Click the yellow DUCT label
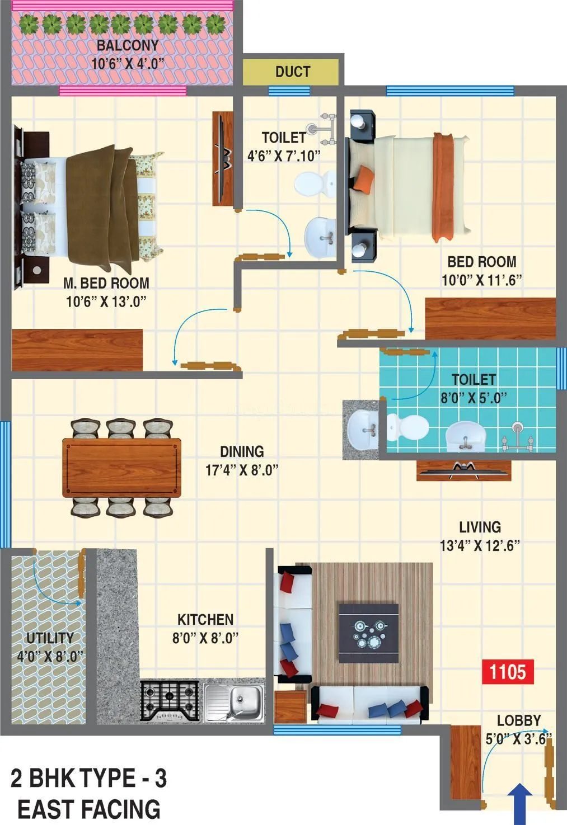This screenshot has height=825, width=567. [x=292, y=72]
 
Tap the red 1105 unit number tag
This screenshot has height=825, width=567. [x=508, y=671]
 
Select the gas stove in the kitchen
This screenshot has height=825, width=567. [x=170, y=700]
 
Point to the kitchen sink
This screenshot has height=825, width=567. [x=235, y=700]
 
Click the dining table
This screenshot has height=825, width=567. [x=121, y=468]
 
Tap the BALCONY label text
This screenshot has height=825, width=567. [x=128, y=45]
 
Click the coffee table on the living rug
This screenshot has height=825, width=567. [x=368, y=633]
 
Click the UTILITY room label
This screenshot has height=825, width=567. [x=50, y=638]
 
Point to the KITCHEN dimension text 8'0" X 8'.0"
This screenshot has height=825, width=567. [x=205, y=638]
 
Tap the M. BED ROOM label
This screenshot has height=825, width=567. [x=106, y=283]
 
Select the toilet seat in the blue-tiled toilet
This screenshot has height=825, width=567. [x=409, y=428]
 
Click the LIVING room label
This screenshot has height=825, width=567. [x=480, y=527]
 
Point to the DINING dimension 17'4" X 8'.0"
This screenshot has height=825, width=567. [x=242, y=470]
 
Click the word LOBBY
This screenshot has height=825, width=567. [x=519, y=720]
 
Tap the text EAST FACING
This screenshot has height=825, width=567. [x=89, y=809]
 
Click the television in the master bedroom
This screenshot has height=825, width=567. [x=223, y=158]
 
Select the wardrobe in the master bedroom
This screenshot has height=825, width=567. [x=77, y=350]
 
